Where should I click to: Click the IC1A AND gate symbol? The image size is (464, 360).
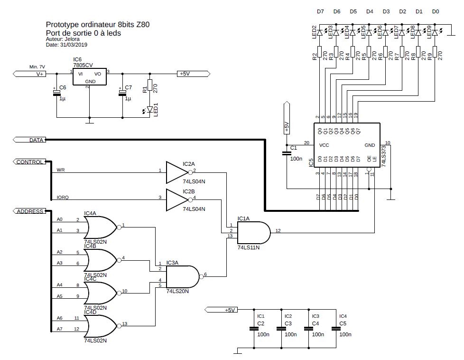pyautogui.click(x=254, y=233)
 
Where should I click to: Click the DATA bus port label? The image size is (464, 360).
pyautogui.click(x=29, y=140)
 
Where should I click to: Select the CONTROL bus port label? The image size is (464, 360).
pyautogui.click(x=29, y=162)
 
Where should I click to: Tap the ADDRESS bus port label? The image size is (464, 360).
pyautogui.click(x=29, y=211)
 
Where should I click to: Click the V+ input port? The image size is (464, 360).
pyautogui.click(x=29, y=74)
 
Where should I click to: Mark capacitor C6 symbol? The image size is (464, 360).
pyautogui.click(x=56, y=93)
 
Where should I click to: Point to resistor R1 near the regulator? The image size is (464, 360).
pyautogui.click(x=150, y=85)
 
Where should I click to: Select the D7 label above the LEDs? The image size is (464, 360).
pyautogui.click(x=320, y=11)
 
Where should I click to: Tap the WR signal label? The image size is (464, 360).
pyautogui.click(x=61, y=170)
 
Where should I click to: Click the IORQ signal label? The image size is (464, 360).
pyautogui.click(x=63, y=197)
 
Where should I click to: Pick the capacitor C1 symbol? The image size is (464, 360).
pyautogui.click(x=287, y=153)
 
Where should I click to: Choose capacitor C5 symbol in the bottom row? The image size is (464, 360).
pyautogui.click(x=336, y=329)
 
